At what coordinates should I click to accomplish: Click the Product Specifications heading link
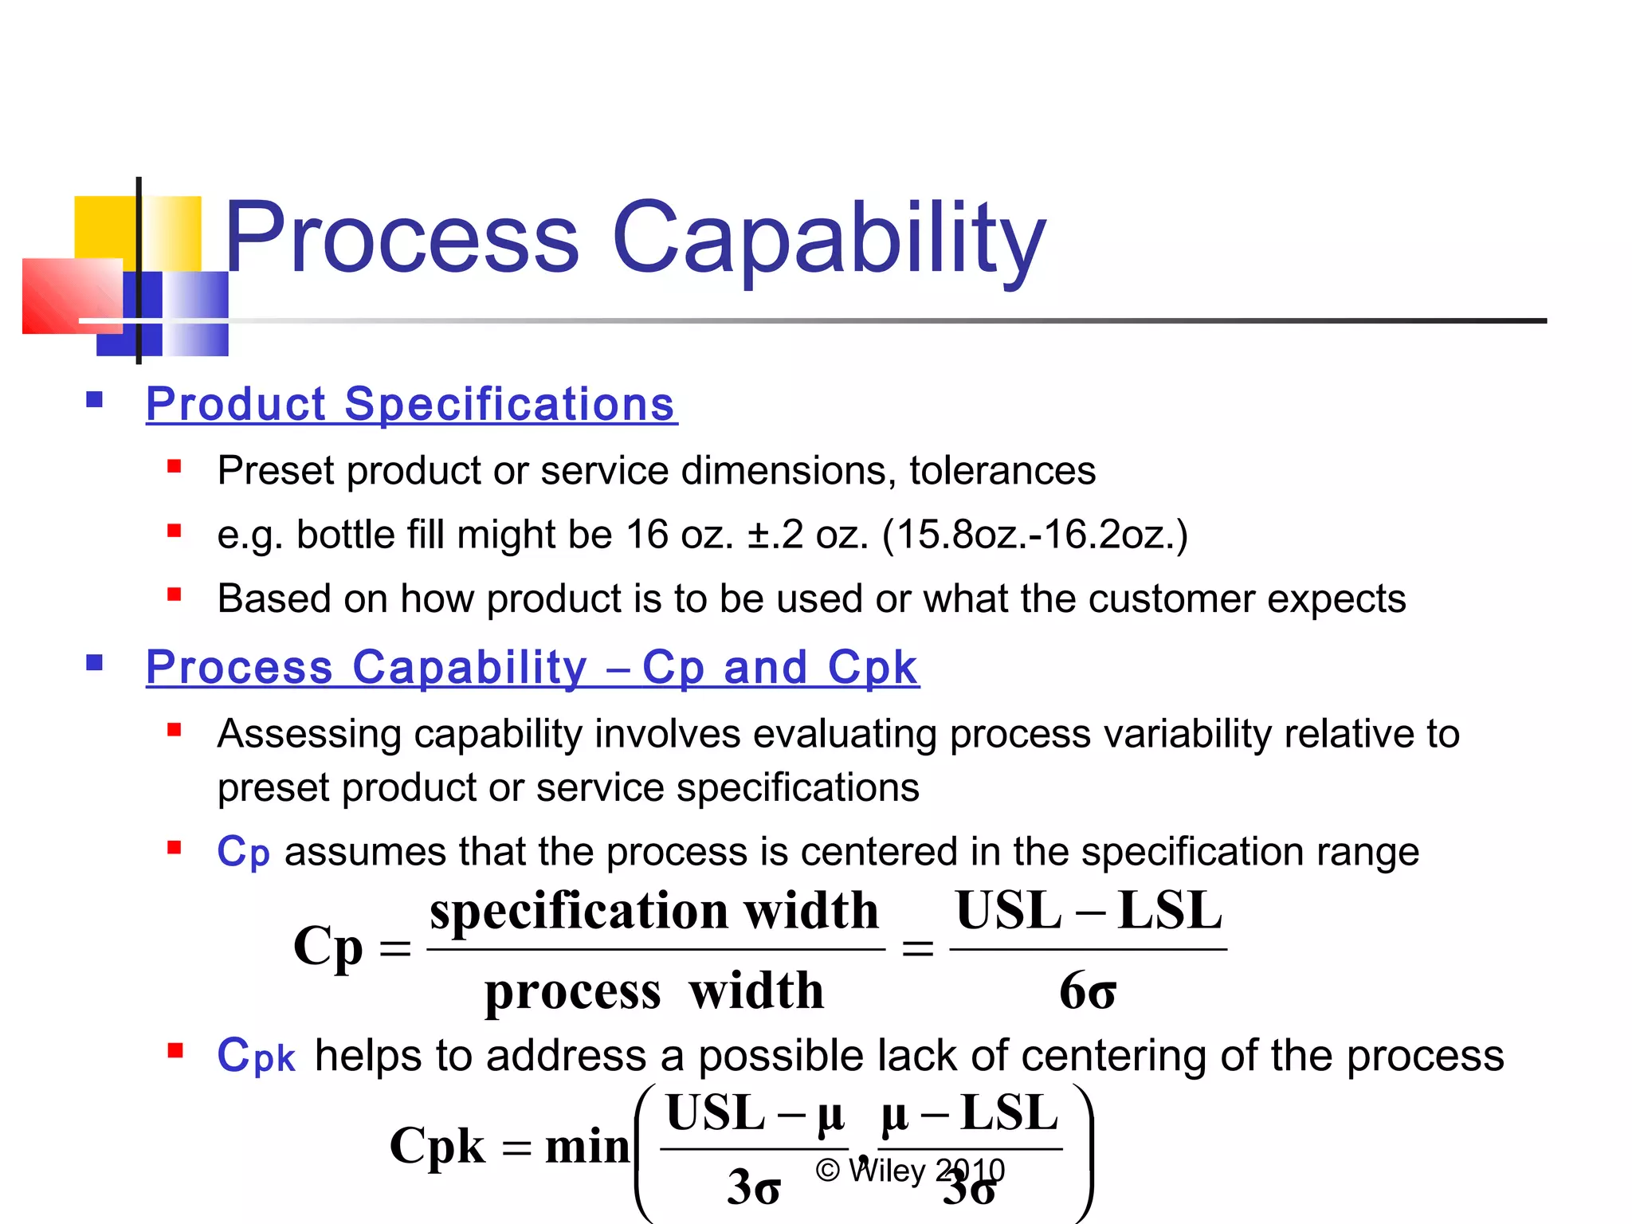[411, 404]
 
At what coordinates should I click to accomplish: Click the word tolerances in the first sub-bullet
[1002, 470]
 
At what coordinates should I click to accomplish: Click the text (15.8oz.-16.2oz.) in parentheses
[1034, 535]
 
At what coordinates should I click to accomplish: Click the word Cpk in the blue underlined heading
[873, 667]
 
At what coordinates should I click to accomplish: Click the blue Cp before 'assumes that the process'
[243, 853]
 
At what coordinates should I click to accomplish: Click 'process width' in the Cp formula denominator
[653, 991]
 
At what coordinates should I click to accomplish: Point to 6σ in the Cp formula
[1087, 991]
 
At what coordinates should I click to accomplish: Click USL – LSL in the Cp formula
[1088, 910]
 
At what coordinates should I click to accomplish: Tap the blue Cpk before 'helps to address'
[256, 1056]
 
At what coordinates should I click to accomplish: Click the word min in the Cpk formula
[587, 1147]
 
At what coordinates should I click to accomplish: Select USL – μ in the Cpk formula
[754, 1113]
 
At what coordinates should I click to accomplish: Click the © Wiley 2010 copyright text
[909, 1171]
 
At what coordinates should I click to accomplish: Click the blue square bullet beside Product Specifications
[95, 399]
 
